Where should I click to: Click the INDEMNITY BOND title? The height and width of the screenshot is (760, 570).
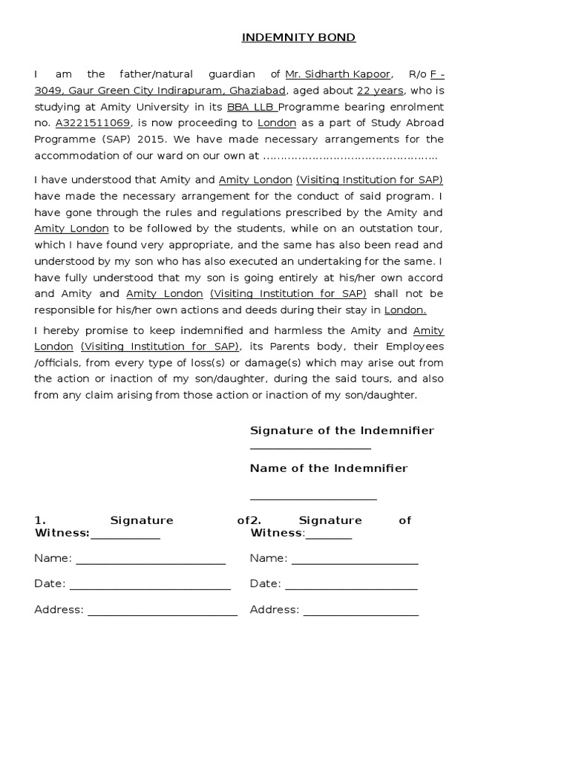288,38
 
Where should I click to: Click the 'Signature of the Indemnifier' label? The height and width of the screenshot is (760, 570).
342,430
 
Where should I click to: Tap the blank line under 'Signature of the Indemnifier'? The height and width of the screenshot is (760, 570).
310,448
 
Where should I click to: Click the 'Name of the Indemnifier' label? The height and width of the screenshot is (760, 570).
329,468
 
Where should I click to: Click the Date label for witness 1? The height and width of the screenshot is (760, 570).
50,584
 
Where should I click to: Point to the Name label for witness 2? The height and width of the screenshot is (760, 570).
268,558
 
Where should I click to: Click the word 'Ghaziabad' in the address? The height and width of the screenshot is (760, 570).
261,91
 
